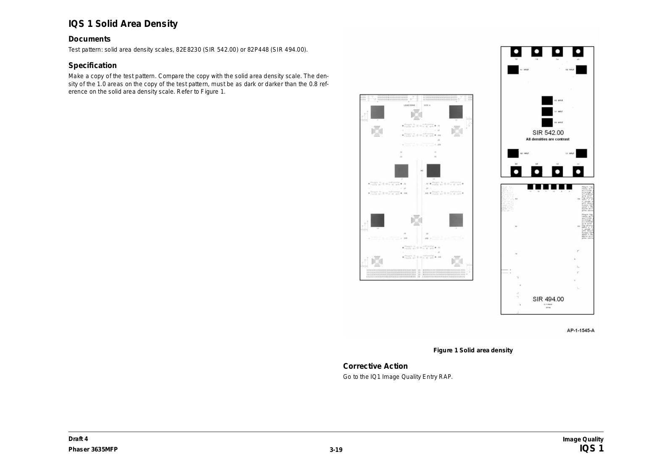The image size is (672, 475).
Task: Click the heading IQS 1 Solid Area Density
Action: (x=123, y=24)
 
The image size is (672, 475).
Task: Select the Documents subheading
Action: (x=89, y=39)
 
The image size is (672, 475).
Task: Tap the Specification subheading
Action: (x=92, y=66)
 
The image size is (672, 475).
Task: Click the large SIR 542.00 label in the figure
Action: (x=548, y=133)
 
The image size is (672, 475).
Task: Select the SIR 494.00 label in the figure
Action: (x=548, y=299)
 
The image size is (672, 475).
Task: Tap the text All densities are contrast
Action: (x=548, y=139)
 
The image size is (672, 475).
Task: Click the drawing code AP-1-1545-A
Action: (x=580, y=331)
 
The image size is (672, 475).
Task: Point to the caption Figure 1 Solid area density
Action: (x=473, y=350)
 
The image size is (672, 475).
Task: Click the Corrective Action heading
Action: (x=375, y=366)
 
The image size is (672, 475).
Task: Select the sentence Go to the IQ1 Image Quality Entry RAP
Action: (x=398, y=377)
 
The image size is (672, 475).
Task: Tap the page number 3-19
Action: (x=336, y=450)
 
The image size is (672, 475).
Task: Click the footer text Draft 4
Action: (x=78, y=439)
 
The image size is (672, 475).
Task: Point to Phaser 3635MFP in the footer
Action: (x=93, y=449)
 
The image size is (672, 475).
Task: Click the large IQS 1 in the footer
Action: (x=591, y=449)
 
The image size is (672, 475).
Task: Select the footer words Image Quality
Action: (x=583, y=439)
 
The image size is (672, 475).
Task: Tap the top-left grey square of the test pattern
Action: (x=377, y=112)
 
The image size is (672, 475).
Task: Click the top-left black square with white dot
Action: (x=516, y=52)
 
